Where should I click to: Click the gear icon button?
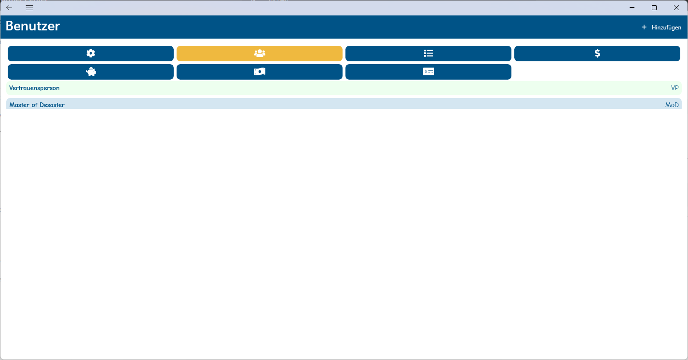tap(91, 54)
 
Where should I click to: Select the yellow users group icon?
tap(260, 54)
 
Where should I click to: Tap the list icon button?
tap(428, 54)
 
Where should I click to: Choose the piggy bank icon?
tap(91, 72)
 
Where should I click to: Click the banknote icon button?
tap(260, 72)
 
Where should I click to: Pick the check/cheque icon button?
tap(428, 72)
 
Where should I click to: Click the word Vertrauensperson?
tap(34, 88)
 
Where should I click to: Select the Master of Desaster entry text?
tap(37, 105)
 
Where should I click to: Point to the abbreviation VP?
tap(674, 88)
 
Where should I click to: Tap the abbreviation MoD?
tap(672, 105)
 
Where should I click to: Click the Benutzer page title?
tap(33, 26)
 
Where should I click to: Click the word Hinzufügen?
tap(666, 28)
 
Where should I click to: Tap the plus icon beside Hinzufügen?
tap(644, 28)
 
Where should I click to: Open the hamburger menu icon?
tap(29, 8)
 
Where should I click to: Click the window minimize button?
tap(632, 8)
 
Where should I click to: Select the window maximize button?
tap(654, 8)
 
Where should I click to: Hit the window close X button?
tap(676, 8)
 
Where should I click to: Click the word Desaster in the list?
tap(52, 105)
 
